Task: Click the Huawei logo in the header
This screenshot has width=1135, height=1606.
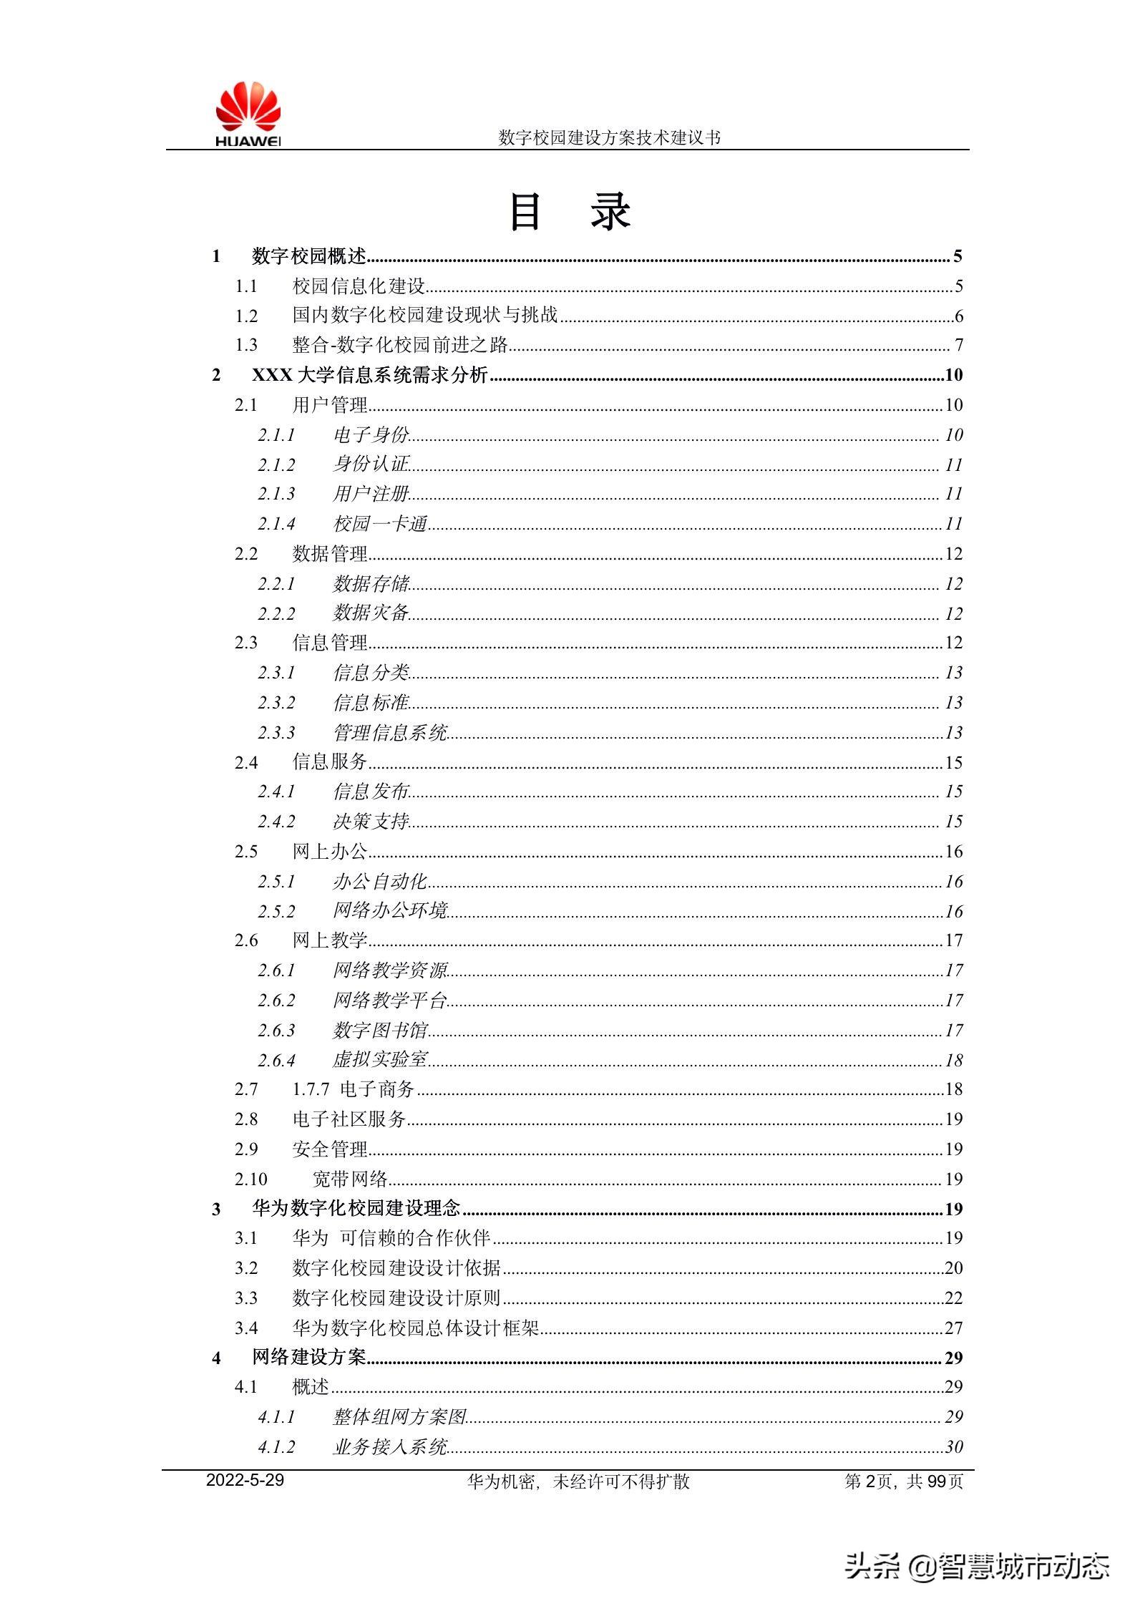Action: [248, 115]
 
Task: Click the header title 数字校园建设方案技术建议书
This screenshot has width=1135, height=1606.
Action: [609, 137]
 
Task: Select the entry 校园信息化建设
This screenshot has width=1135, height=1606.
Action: [359, 286]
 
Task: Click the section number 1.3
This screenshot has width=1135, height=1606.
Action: [246, 345]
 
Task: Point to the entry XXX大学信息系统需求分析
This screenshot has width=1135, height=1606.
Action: [369, 375]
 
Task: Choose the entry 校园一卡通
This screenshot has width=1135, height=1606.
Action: [380, 524]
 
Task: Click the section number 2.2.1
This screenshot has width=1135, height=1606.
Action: [276, 584]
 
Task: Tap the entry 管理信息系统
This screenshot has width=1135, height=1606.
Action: [390, 732]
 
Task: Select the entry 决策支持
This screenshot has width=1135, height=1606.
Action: [371, 821]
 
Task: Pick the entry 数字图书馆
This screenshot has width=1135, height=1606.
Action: [380, 1030]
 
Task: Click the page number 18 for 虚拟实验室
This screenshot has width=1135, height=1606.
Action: [954, 1060]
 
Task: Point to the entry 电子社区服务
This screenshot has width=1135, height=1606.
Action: [349, 1119]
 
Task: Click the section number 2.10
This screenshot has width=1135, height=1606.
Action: [250, 1179]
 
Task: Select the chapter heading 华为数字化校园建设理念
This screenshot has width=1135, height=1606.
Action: [356, 1209]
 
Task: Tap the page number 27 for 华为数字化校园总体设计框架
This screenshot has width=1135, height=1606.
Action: [953, 1328]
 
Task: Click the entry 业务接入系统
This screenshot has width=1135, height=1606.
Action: [390, 1446]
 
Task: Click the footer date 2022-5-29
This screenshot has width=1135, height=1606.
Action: [245, 1480]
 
